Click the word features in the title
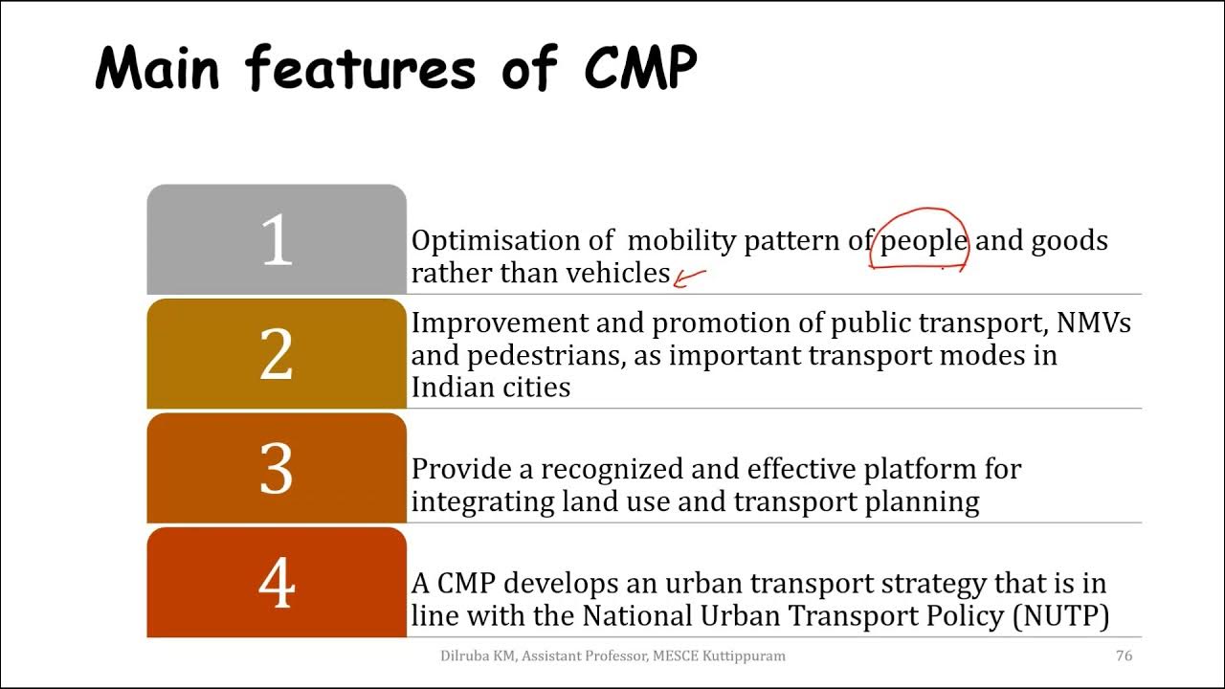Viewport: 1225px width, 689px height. pyautogui.click(x=360, y=69)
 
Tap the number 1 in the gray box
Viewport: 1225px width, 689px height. pyautogui.click(x=277, y=239)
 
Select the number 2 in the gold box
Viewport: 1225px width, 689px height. pyautogui.click(x=277, y=355)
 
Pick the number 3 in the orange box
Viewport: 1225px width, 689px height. pyautogui.click(x=277, y=469)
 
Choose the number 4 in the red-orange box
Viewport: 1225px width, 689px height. pyautogui.click(x=277, y=583)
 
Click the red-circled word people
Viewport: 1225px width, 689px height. pyautogui.click(x=924, y=240)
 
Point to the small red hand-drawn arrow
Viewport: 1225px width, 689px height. pyautogui.click(x=689, y=278)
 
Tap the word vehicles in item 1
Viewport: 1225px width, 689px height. pyautogui.click(x=617, y=273)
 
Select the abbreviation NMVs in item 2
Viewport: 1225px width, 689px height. pyautogui.click(x=1093, y=323)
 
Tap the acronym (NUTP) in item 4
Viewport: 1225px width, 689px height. pyautogui.click(x=1060, y=615)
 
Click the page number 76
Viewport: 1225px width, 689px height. pyautogui.click(x=1125, y=656)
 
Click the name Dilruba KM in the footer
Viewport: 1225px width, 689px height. pyautogui.click(x=477, y=656)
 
